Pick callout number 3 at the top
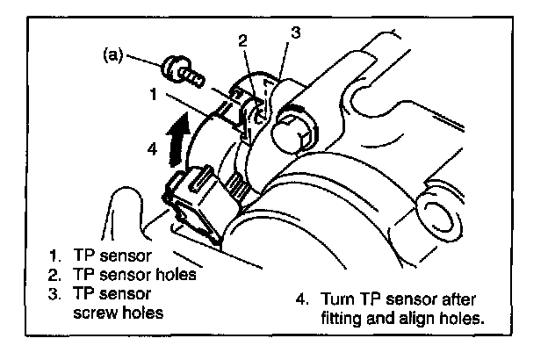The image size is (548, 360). [296, 32]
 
